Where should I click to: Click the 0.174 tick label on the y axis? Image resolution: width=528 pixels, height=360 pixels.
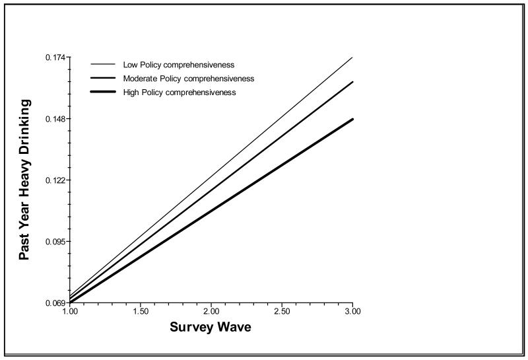click(x=55, y=57)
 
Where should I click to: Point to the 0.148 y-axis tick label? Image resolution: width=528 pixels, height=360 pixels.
click(x=55, y=119)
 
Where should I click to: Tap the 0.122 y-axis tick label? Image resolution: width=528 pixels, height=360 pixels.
click(x=55, y=180)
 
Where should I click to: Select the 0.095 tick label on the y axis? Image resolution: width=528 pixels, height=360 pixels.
click(x=55, y=242)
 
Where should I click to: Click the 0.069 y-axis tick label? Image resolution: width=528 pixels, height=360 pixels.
click(x=55, y=303)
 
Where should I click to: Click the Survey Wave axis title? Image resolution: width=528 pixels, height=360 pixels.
click(x=211, y=327)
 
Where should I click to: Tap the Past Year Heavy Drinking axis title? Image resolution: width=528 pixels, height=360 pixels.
click(x=25, y=180)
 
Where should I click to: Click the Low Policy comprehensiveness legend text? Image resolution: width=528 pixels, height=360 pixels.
click(x=180, y=65)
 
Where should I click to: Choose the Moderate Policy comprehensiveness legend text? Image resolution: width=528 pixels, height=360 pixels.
click(x=188, y=79)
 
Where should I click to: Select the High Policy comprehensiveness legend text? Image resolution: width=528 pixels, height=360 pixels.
click(x=180, y=92)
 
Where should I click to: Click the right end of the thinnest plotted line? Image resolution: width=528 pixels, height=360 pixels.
click(x=352, y=57)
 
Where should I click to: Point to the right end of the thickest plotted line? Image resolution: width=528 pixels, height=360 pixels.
click(x=352, y=119)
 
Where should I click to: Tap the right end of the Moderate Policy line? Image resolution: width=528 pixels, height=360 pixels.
click(x=352, y=82)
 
